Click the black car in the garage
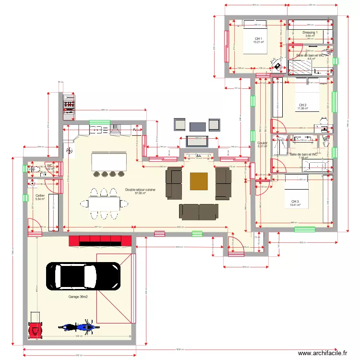coord(83,276)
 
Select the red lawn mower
coord(35,327)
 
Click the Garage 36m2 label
coord(78,297)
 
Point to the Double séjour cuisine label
coord(140,191)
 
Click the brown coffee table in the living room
coord(199,181)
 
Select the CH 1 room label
coord(258,39)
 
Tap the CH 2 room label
coord(302,105)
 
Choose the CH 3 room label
coord(295,202)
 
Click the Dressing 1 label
coord(310,33)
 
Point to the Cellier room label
coord(40,196)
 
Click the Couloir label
coord(262,143)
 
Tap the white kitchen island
coord(109,160)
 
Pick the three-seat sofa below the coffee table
coord(198,211)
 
